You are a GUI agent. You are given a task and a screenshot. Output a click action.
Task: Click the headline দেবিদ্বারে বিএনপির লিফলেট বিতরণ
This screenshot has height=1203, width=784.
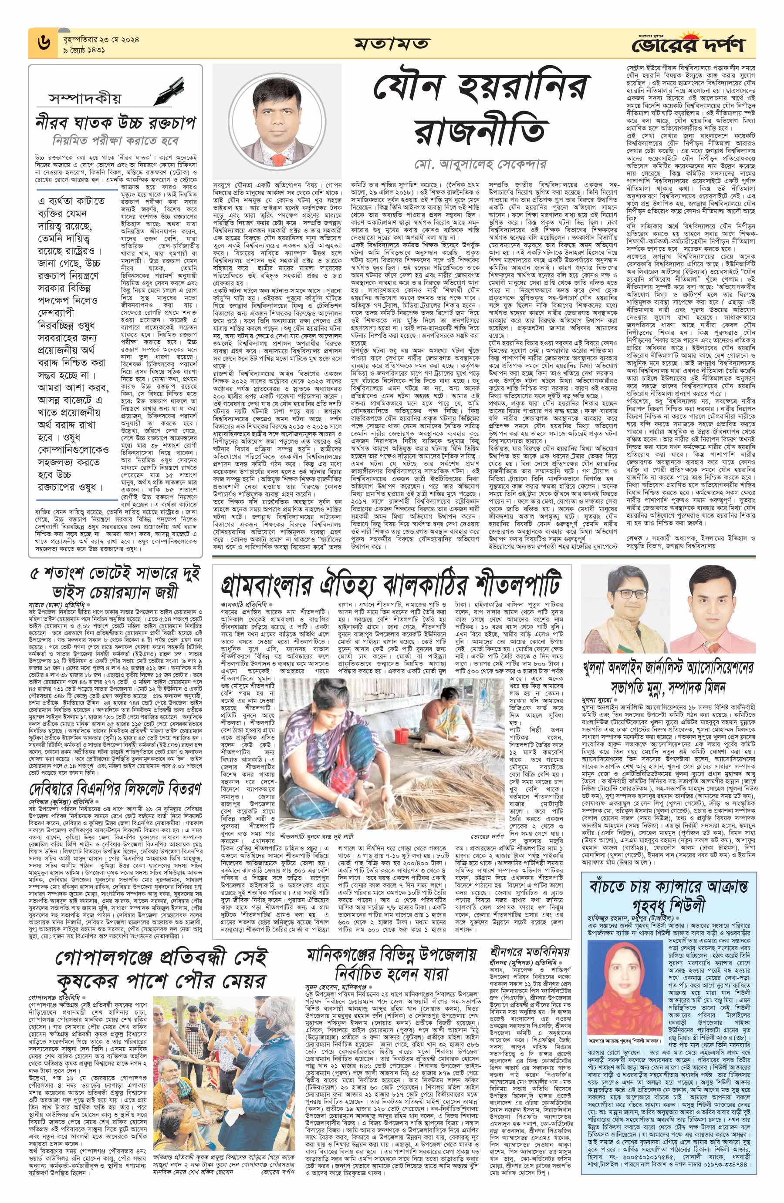coord(115,790)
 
